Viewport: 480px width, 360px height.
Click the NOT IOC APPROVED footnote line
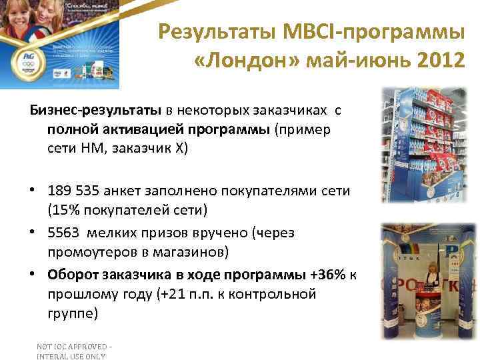click(x=74, y=346)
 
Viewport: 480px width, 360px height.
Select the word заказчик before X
click(x=143, y=148)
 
